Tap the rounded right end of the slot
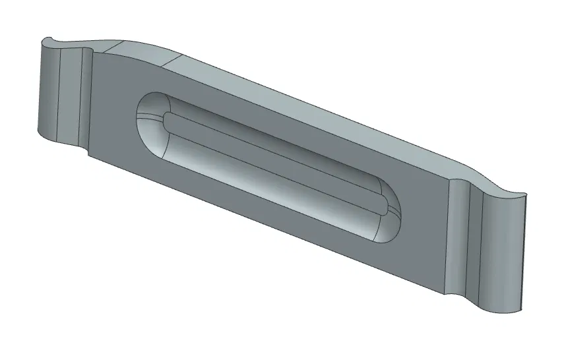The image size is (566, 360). coord(390,224)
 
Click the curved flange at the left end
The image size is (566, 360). coord(63,92)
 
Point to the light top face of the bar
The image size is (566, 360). coord(297,99)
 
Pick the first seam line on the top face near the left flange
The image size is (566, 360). coord(113,47)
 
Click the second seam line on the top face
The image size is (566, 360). coord(173,61)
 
